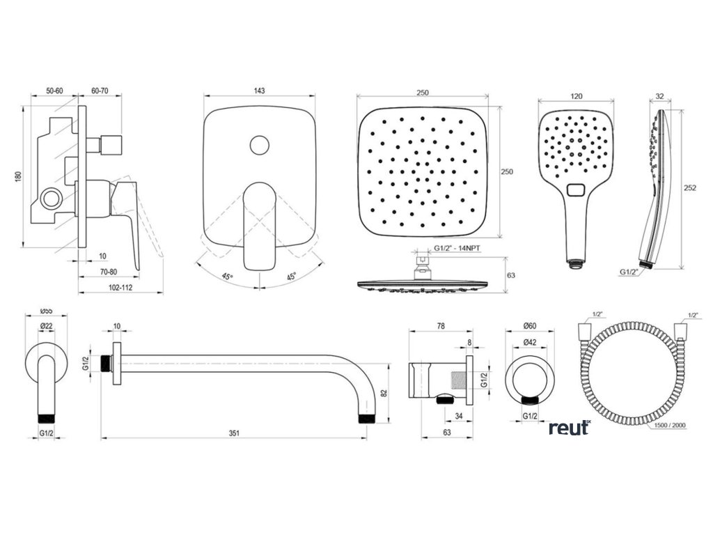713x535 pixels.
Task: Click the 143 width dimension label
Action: pyautogui.click(x=260, y=91)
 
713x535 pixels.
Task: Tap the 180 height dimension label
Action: pyautogui.click(x=18, y=176)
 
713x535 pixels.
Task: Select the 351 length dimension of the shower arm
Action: pyautogui.click(x=235, y=433)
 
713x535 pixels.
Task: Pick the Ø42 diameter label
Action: pyautogui.click(x=531, y=343)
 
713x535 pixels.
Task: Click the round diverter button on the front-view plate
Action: pyautogui.click(x=260, y=146)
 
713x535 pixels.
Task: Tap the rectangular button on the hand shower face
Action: pyautogui.click(x=576, y=189)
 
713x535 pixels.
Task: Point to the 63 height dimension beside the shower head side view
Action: pyautogui.click(x=510, y=276)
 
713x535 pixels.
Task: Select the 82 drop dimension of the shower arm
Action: pyautogui.click(x=384, y=392)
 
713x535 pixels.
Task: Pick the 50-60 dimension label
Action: pyautogui.click(x=55, y=91)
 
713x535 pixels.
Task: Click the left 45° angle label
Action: pyautogui.click(x=227, y=277)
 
